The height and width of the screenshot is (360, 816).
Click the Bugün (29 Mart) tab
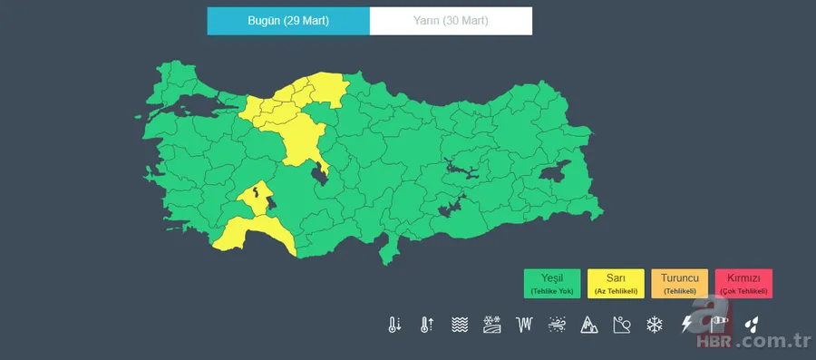[x=288, y=21]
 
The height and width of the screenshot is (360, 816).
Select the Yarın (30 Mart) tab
[x=451, y=21]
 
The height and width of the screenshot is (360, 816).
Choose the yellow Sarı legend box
[x=616, y=284]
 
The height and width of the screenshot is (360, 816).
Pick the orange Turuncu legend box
[x=679, y=284]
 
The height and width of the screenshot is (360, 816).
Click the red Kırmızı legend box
[x=743, y=284]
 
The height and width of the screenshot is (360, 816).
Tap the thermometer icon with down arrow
[x=394, y=325]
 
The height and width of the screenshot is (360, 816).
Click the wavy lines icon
[x=460, y=325]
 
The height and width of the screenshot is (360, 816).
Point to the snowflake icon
[x=654, y=325]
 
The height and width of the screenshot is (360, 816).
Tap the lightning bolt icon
[x=686, y=325]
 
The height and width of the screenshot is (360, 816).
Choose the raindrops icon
[x=751, y=325]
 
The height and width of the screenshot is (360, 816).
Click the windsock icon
[x=719, y=322]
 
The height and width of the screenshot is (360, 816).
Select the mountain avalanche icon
[x=589, y=325]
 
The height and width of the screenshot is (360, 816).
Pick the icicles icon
[x=524, y=325]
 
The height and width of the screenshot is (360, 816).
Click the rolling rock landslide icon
[x=622, y=325]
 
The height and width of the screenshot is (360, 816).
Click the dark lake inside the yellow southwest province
[x=259, y=191]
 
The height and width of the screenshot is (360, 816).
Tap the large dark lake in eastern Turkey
[x=554, y=172]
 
